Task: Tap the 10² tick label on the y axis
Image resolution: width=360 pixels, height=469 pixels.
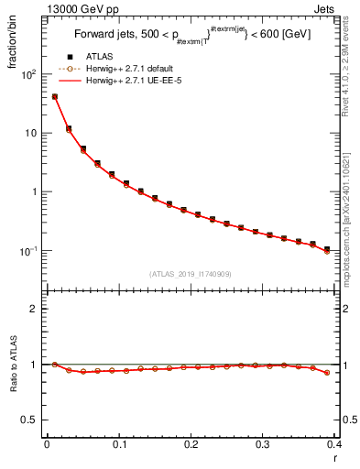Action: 29,74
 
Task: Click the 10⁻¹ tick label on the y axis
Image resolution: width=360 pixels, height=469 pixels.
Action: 29,251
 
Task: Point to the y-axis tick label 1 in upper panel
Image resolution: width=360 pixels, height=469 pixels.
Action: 34,192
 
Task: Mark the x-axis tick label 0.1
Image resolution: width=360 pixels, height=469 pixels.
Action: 118,444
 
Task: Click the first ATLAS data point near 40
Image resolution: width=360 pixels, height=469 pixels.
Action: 55,96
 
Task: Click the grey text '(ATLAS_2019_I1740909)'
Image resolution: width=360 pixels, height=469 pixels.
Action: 190,274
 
